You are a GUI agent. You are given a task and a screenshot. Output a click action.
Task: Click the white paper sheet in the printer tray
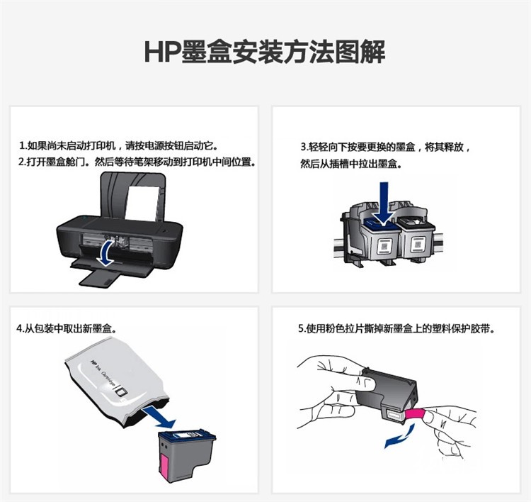tap(143, 203)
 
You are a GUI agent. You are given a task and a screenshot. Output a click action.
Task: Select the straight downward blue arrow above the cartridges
tap(383, 203)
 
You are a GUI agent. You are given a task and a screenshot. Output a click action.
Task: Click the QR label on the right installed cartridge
tap(418, 244)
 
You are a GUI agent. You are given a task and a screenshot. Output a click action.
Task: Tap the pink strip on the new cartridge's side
tap(165, 467)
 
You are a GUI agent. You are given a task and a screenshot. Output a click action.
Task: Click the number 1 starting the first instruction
tap(21, 146)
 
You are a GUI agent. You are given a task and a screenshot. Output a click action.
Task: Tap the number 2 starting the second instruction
tap(21, 162)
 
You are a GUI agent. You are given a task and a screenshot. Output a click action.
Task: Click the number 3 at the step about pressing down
tap(304, 147)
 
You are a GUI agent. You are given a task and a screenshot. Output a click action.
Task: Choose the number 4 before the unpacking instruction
tap(19, 329)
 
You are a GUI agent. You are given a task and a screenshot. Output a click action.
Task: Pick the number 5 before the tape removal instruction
tap(301, 329)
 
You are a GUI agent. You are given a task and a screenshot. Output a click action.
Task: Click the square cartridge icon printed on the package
tap(121, 392)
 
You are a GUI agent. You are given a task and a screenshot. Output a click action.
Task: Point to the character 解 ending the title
tap(372, 52)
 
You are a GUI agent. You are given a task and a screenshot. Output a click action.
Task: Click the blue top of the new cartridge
tap(188, 436)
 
